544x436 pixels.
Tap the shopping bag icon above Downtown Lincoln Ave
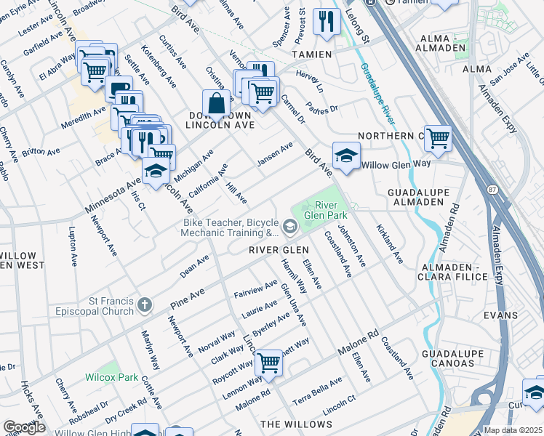click(x=217, y=104)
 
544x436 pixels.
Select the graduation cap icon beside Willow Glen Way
click(x=346, y=156)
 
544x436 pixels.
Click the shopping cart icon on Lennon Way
click(x=269, y=362)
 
